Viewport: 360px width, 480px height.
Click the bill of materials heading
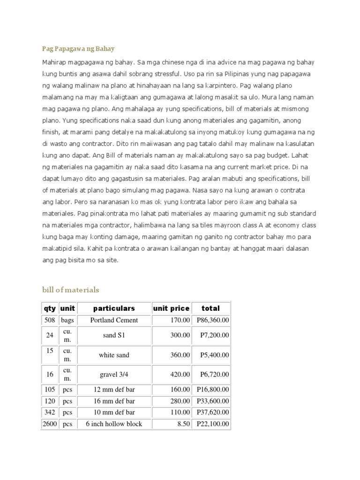(x=70, y=290)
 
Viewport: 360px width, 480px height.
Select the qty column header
(x=49, y=308)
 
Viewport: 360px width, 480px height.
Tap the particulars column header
(x=114, y=308)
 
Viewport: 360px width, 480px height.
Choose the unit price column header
(x=171, y=308)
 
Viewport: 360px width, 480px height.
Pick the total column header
(x=210, y=308)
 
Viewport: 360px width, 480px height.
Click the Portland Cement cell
(x=114, y=320)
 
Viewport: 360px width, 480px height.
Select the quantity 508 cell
(x=50, y=320)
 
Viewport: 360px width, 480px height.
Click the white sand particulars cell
(x=114, y=355)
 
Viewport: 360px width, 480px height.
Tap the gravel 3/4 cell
(x=114, y=374)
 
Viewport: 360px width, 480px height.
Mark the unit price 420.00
(x=180, y=374)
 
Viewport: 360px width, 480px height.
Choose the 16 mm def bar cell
(x=114, y=401)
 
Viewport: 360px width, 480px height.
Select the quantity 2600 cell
(x=50, y=424)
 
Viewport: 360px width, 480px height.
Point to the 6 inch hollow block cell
(x=114, y=424)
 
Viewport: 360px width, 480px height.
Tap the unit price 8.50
(x=183, y=424)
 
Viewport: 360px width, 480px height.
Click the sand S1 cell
(x=114, y=336)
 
